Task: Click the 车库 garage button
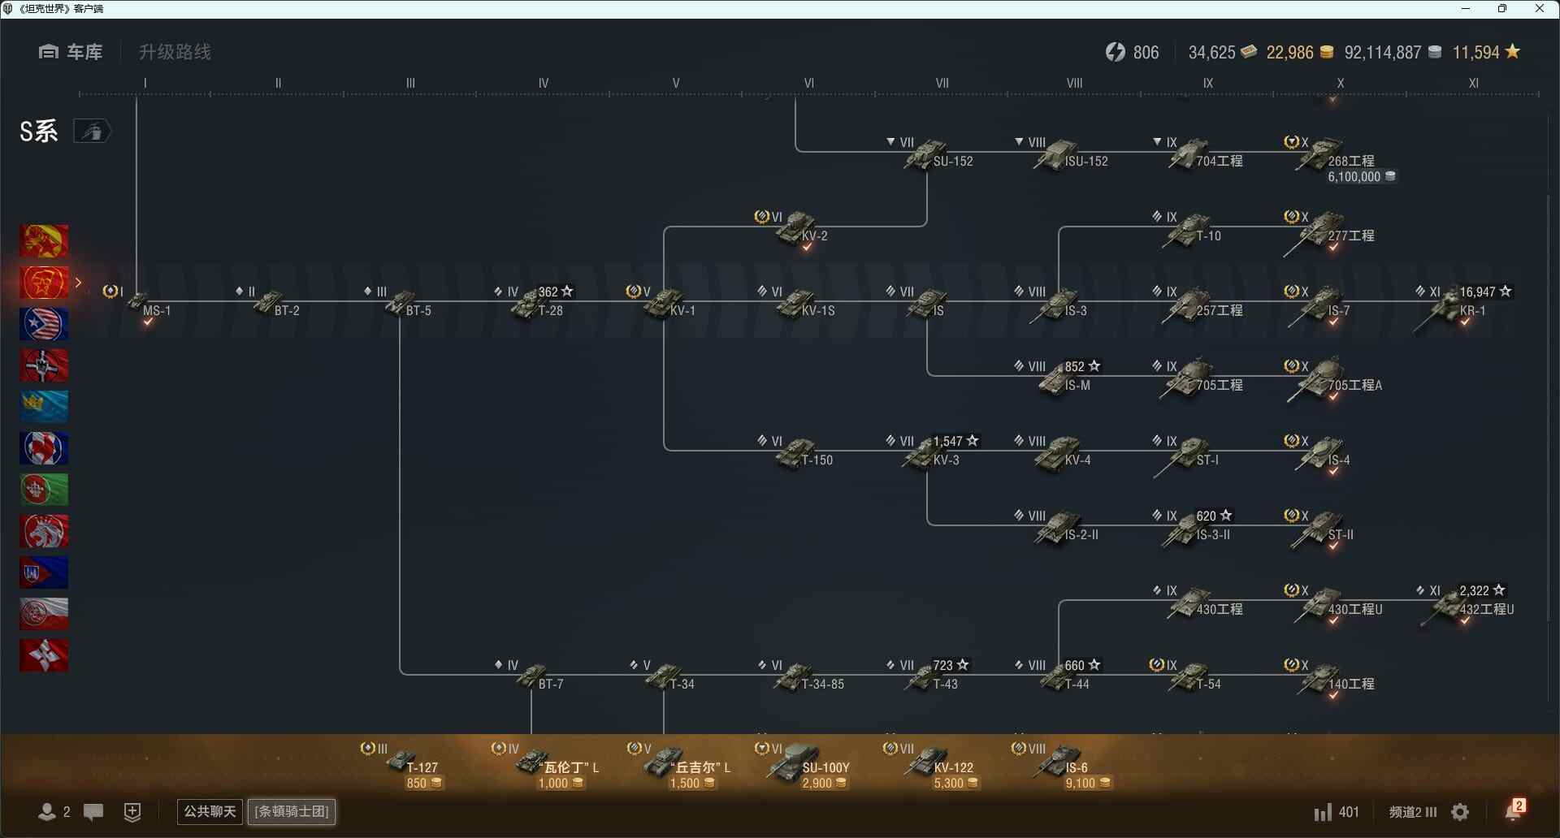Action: click(71, 52)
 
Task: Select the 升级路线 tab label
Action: click(175, 52)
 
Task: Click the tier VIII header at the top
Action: click(1074, 83)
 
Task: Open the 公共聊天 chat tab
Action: click(210, 811)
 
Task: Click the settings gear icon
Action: click(1460, 812)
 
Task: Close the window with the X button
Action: click(1539, 9)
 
